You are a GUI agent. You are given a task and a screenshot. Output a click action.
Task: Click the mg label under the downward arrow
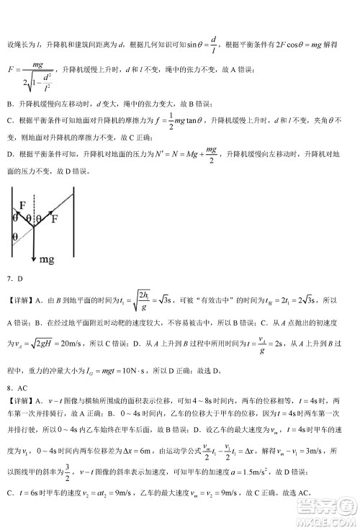click(47, 257)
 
